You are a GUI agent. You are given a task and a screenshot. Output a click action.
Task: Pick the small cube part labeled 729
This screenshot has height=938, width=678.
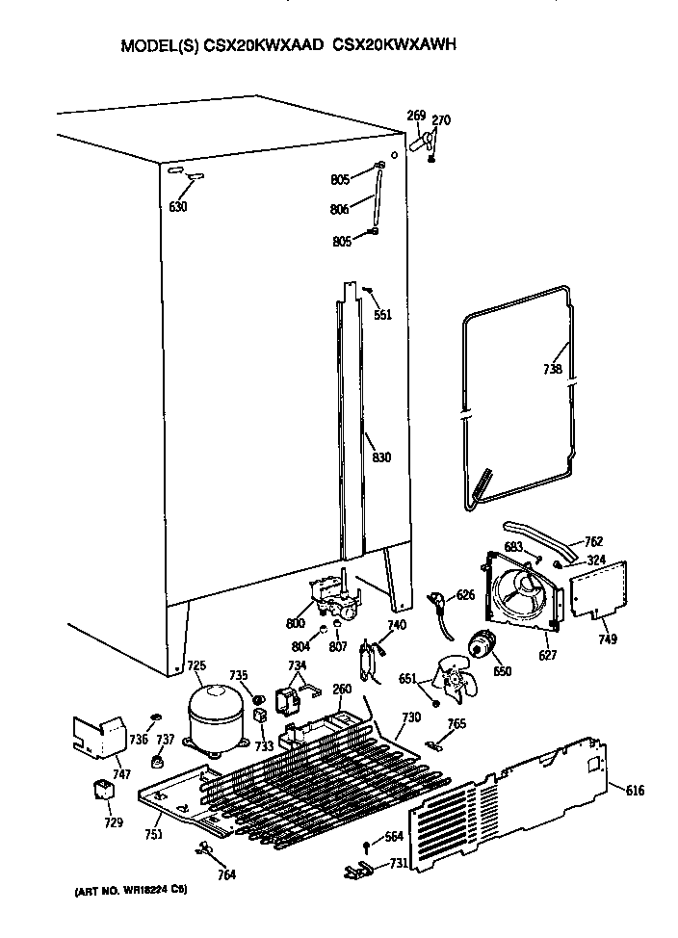tap(101, 791)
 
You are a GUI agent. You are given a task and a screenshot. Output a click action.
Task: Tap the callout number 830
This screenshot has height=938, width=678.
tap(381, 457)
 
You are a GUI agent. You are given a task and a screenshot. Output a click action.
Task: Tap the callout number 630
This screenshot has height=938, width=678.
tap(177, 207)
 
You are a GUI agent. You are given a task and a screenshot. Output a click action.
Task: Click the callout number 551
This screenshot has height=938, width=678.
tap(382, 314)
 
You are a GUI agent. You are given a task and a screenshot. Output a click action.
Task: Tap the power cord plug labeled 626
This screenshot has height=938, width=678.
tap(440, 604)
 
